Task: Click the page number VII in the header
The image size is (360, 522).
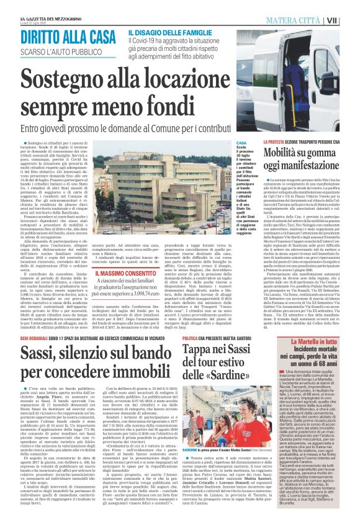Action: click(x=349, y=20)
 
